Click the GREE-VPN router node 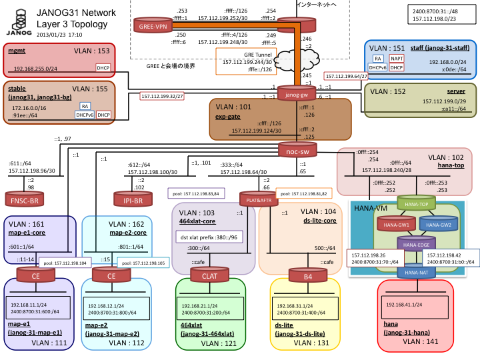click(153, 26)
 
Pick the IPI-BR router click(134, 199)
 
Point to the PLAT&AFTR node click(258, 198)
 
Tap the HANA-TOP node click(416, 203)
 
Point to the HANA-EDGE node click(416, 245)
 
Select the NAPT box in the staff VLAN click(396, 59)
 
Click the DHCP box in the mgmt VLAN click(103, 68)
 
